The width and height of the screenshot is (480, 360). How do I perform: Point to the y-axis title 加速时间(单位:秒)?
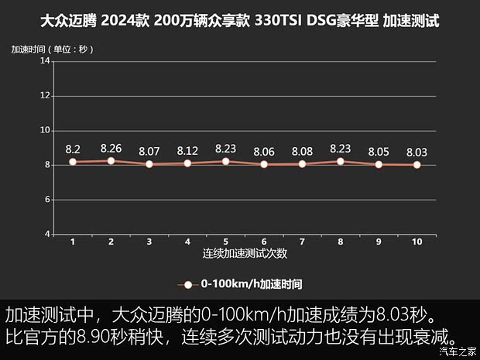52,50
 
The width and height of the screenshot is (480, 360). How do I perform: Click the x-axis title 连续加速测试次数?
245,253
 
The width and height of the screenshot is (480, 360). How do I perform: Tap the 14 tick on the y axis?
46,61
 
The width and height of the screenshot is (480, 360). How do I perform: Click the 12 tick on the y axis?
46,96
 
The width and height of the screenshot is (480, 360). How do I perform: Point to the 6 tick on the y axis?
46,200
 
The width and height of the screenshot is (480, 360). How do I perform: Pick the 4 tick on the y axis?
46,234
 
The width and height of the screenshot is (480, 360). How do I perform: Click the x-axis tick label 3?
149,242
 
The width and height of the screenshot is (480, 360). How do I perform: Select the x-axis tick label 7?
302,242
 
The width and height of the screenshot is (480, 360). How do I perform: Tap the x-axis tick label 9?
379,242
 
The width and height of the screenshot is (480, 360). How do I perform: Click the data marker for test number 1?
73,162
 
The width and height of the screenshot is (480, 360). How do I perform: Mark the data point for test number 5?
225,161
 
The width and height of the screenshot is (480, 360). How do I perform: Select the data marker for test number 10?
417,165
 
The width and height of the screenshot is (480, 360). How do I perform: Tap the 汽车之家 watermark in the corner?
457,351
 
